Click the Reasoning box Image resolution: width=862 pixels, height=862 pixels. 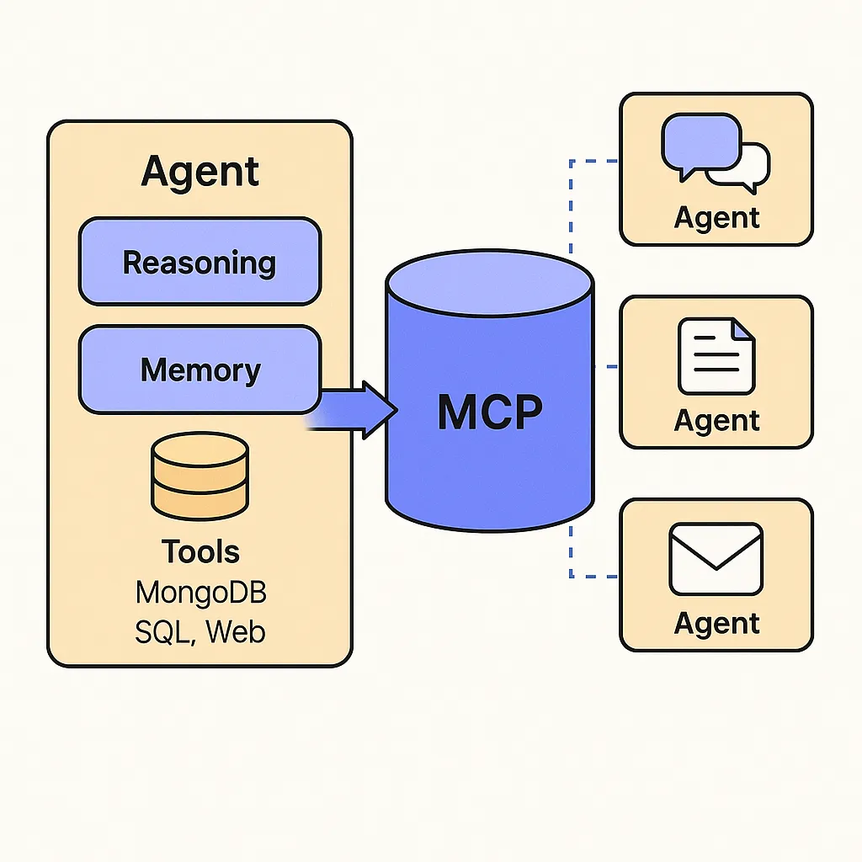tap(200, 262)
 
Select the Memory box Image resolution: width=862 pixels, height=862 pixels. tap(200, 370)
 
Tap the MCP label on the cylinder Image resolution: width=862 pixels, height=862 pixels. tap(490, 412)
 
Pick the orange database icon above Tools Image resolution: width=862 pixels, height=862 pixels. tap(200, 476)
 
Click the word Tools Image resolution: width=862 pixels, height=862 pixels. tap(200, 552)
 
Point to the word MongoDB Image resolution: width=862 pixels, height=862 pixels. tap(200, 592)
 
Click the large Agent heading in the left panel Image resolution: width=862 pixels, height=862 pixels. tap(200, 172)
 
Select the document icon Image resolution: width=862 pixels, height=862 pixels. tap(716, 355)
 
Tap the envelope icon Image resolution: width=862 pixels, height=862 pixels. tap(716, 559)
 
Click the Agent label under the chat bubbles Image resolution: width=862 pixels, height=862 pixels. tap(716, 217)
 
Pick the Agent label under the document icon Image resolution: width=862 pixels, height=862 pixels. tap(716, 419)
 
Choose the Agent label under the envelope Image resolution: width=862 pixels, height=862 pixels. tap(716, 623)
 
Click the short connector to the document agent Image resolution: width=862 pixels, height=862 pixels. tap(607, 366)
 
